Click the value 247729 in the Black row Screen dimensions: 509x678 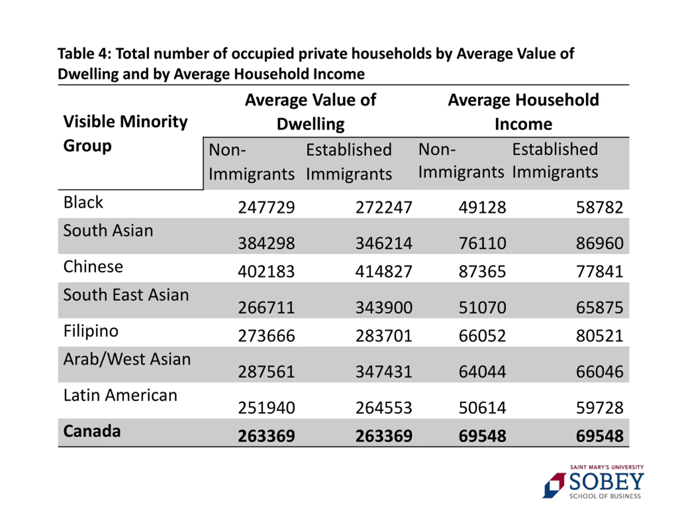pos(266,207)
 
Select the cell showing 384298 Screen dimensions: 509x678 pos(266,243)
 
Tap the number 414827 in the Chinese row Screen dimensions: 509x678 pos(383,271)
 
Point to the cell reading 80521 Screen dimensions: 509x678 pos(599,336)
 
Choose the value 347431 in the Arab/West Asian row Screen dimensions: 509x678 pos(383,372)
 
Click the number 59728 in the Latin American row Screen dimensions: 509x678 pos(599,408)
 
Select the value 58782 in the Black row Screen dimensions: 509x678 pos(599,207)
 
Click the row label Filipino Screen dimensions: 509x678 pos(91,331)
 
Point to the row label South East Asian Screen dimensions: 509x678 pos(126,295)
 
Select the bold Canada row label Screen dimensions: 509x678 pos(92,431)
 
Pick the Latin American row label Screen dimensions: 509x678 pos(120,395)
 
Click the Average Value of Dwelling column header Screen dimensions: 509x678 pos(310,112)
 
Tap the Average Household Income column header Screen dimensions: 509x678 pos(523,112)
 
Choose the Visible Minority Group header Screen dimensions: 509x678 pos(125,133)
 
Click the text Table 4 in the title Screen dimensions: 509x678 pos(84,54)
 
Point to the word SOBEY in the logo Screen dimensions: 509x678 pos(606,482)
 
